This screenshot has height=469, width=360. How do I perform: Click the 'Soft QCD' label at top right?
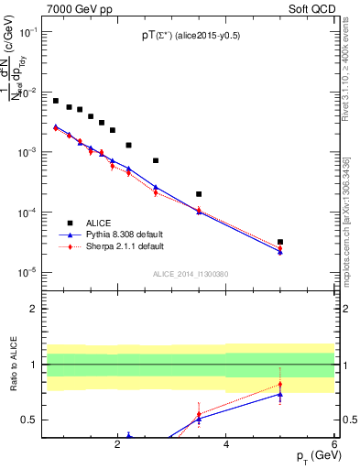312,7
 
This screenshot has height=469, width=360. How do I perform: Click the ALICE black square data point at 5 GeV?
279,242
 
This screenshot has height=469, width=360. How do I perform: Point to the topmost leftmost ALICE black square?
56,101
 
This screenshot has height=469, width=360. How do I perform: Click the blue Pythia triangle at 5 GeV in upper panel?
279,252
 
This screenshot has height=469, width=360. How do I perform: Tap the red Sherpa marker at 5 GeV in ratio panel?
279,384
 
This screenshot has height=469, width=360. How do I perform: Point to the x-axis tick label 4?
225,446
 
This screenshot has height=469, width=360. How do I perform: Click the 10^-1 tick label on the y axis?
28,32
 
